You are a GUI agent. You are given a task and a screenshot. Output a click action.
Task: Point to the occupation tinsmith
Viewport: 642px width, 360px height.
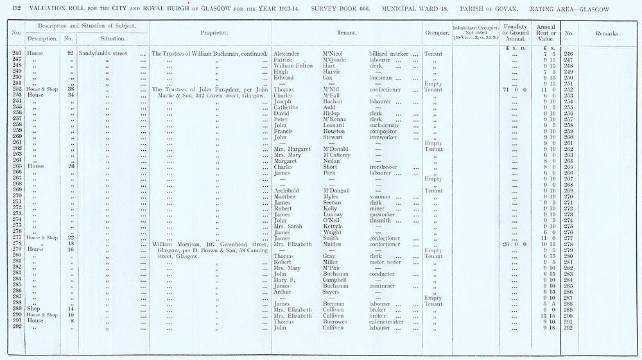pyautogui.click(x=382, y=220)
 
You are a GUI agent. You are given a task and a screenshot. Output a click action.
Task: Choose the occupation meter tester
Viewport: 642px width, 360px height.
pyautogui.click(x=385, y=262)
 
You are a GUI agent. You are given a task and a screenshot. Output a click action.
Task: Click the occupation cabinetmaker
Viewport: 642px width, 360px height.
pyautogui.click(x=389, y=321)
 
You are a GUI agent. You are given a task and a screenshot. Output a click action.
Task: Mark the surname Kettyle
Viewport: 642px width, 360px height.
pyautogui.click(x=334, y=226)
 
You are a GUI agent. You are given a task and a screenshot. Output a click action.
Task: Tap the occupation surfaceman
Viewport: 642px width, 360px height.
pyautogui.click(x=386, y=125)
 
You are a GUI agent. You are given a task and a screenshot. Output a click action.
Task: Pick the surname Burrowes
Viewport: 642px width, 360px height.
pyautogui.click(x=338, y=321)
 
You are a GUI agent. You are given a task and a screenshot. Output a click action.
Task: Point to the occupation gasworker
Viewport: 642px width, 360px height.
pyautogui.click(x=384, y=214)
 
